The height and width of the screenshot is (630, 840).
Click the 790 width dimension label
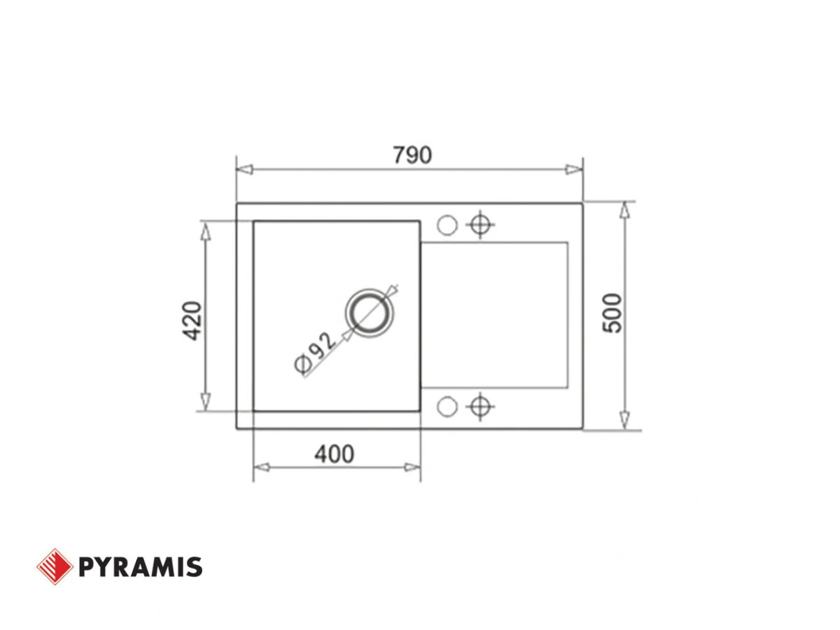(x=412, y=155)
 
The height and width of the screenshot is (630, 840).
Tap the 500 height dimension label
(x=612, y=314)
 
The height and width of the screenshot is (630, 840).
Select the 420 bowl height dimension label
(x=191, y=321)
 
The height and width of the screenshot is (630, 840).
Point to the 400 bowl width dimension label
(x=334, y=454)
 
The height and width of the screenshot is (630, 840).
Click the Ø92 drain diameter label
(x=315, y=352)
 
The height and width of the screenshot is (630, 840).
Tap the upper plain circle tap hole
(x=447, y=225)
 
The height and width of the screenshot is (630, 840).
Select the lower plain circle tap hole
(x=447, y=406)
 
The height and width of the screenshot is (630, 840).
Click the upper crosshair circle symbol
(x=480, y=225)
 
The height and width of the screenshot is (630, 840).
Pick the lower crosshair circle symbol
(x=480, y=406)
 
